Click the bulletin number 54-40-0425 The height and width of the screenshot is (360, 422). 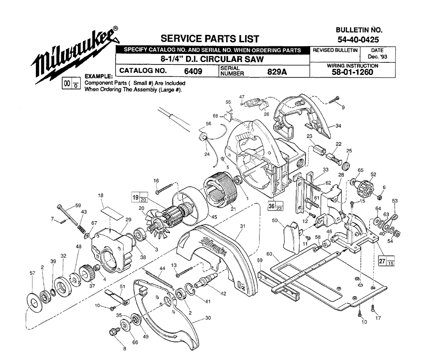click(x=358, y=40)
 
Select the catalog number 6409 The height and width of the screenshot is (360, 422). click(x=193, y=71)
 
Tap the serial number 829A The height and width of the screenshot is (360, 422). click(x=277, y=72)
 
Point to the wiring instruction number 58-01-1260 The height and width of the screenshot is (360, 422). click(x=352, y=73)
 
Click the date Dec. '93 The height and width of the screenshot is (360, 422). click(x=377, y=56)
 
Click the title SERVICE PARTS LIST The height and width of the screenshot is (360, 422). click(x=210, y=39)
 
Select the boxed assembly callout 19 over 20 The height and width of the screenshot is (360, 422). click(x=140, y=197)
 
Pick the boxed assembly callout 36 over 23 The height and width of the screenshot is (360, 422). click(x=276, y=206)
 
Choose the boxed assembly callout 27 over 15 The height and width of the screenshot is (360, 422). click(x=387, y=261)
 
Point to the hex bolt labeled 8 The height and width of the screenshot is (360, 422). click(x=114, y=332)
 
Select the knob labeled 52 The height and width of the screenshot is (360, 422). click(x=364, y=187)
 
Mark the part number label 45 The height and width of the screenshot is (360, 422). click(x=214, y=217)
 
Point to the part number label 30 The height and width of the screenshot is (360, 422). click(x=208, y=318)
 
